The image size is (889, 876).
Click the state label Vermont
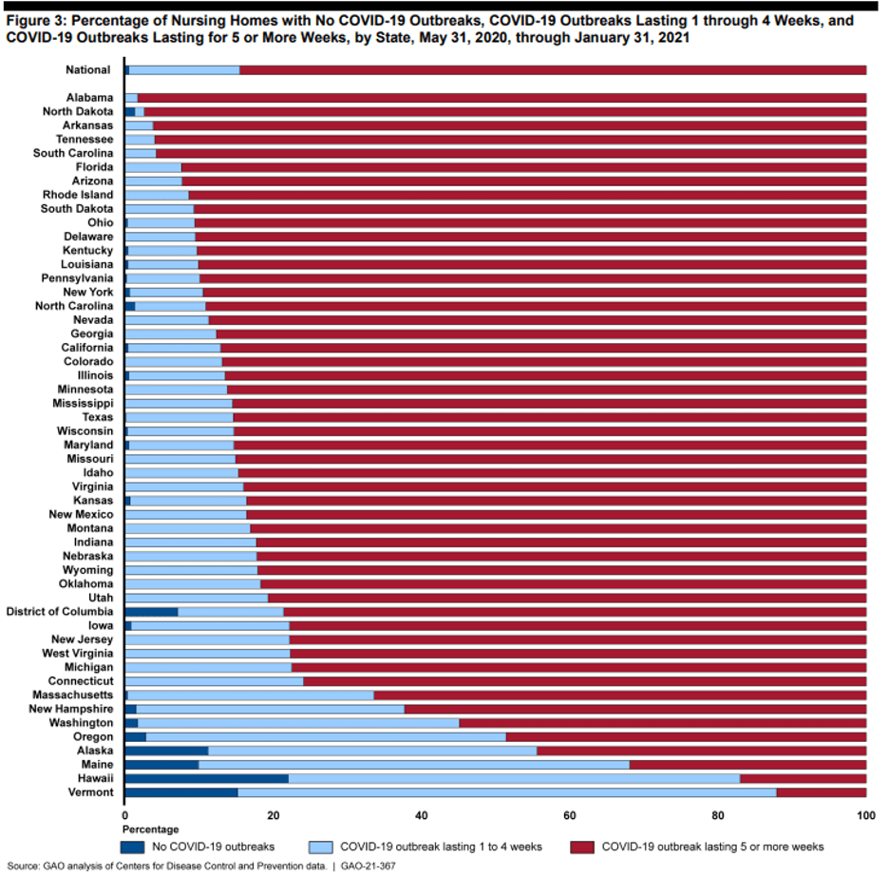[x=89, y=792]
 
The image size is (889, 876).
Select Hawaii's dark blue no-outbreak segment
[x=206, y=779]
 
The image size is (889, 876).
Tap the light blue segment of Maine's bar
[x=414, y=765]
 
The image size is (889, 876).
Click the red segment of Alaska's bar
[x=701, y=751]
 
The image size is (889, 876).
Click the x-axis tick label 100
[x=865, y=815]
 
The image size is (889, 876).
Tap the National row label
[x=88, y=69]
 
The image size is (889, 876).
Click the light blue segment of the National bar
[x=184, y=69]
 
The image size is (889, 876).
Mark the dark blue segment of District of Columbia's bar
[x=151, y=612]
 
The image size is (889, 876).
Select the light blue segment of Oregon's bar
[x=326, y=737]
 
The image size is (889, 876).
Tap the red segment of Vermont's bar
[x=821, y=792]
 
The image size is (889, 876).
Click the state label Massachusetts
[x=71, y=695]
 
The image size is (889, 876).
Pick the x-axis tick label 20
[x=273, y=815]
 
